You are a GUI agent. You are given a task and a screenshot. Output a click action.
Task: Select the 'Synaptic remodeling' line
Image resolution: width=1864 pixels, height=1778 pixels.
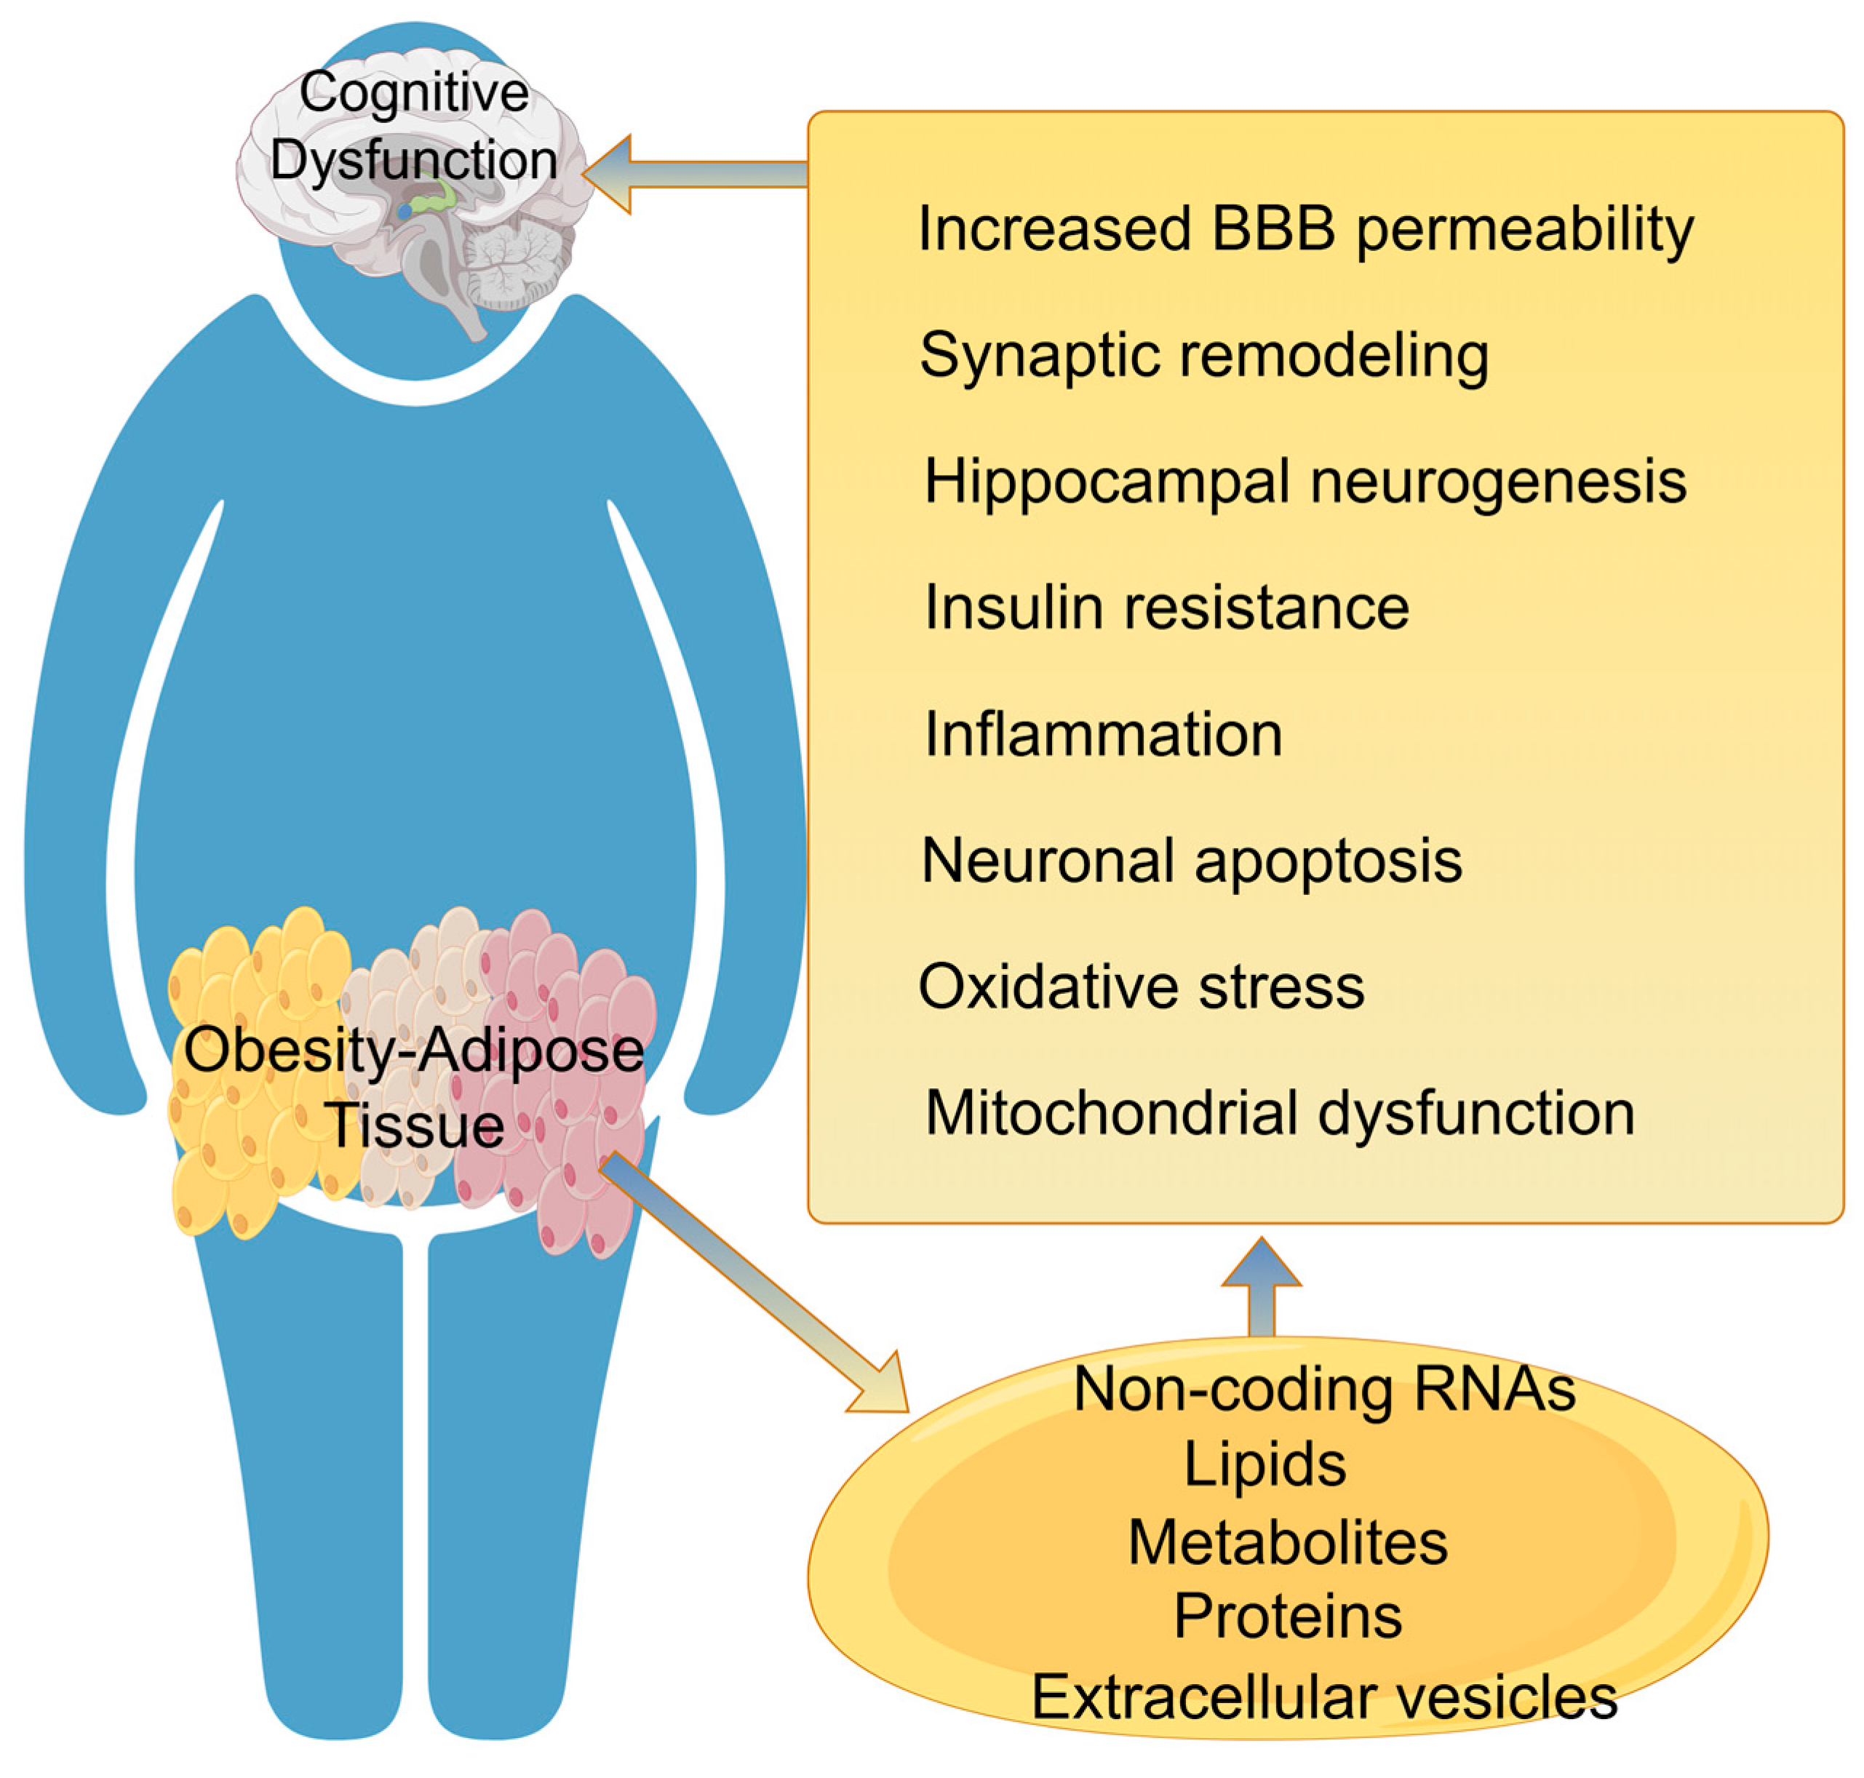click(1203, 356)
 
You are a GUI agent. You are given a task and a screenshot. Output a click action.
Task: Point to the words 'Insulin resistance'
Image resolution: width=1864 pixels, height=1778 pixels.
click(1166, 607)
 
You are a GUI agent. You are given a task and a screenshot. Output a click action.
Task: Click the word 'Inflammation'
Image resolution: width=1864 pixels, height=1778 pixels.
click(1102, 735)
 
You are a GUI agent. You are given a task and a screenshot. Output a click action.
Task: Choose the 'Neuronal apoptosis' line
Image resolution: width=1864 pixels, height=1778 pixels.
click(1191, 861)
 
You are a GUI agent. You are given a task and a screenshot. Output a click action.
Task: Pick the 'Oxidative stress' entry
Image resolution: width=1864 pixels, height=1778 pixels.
click(1141, 986)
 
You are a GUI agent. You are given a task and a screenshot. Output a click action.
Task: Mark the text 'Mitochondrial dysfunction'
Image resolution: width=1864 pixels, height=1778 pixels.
click(1279, 1112)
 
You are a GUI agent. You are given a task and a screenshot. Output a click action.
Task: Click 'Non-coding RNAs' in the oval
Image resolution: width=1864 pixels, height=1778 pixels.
click(1324, 1390)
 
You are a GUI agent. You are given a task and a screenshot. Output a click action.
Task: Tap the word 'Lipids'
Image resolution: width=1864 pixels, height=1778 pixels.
click(1264, 1465)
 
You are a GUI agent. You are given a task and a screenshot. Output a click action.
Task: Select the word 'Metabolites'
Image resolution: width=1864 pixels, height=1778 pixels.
click(1287, 1543)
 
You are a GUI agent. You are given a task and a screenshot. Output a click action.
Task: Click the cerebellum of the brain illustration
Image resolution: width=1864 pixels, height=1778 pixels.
click(517, 260)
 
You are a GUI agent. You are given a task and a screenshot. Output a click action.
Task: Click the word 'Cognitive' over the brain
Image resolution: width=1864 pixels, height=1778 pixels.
click(414, 93)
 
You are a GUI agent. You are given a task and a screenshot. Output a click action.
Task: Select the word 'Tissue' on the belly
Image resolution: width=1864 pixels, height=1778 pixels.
click(414, 1126)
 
